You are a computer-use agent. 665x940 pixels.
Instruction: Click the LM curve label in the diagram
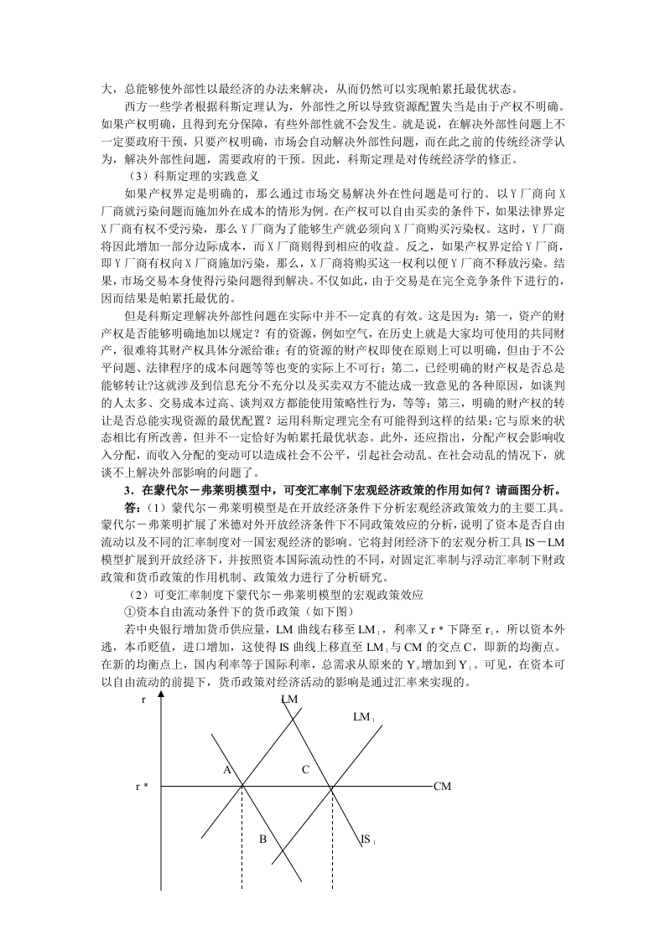click(289, 699)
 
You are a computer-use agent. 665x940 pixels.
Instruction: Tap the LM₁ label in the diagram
click(363, 717)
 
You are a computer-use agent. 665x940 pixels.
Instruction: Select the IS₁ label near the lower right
click(366, 839)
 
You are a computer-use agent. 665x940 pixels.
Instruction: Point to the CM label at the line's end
click(443, 787)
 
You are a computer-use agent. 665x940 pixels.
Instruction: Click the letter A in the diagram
click(226, 769)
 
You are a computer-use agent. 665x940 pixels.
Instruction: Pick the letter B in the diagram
click(262, 839)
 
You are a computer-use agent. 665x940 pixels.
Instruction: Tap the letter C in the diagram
click(305, 769)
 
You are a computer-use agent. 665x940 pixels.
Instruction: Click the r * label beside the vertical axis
click(143, 787)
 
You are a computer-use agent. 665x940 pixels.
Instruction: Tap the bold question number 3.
click(126, 488)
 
